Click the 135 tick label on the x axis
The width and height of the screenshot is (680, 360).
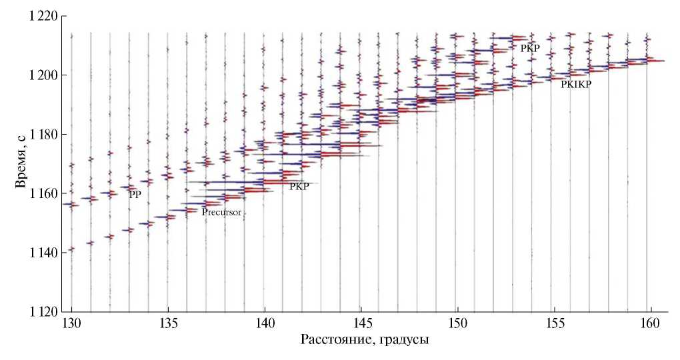tap(168, 325)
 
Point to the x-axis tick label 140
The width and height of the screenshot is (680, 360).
tap(265, 325)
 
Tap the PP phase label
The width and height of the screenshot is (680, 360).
tap(135, 194)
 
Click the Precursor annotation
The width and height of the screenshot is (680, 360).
tap(221, 213)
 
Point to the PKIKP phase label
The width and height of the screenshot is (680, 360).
tap(576, 85)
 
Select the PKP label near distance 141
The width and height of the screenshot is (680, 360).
tap(299, 187)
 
